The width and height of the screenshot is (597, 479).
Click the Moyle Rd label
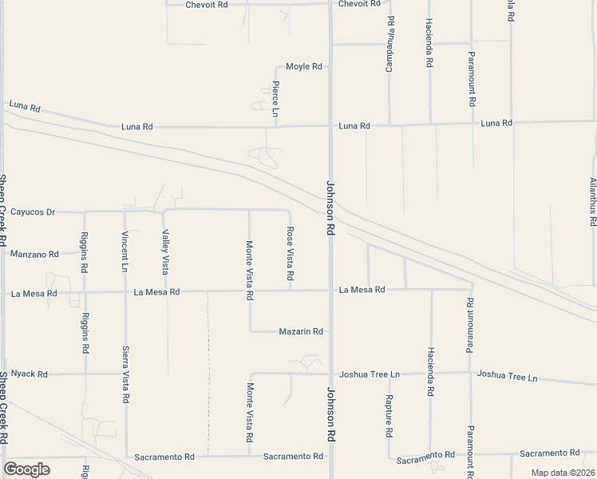pos(304,66)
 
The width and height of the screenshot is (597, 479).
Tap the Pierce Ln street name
pos(275,99)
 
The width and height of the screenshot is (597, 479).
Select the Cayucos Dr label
pos(33,212)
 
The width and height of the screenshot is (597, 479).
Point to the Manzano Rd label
pos(34,255)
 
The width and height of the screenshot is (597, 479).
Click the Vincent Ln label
pos(125,251)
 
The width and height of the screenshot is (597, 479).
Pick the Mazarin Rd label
pos(300,331)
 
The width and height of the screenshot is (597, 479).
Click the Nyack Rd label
pos(30,374)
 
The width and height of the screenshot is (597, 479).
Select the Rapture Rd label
pos(389,415)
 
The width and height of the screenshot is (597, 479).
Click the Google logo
pos(26,469)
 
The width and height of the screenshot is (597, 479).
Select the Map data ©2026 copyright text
pos(563,473)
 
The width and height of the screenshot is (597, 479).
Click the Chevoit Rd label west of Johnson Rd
pos(206,5)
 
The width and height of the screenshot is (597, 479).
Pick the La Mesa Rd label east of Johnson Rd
pos(362,290)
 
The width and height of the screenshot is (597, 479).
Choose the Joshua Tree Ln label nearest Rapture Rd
pos(369,374)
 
